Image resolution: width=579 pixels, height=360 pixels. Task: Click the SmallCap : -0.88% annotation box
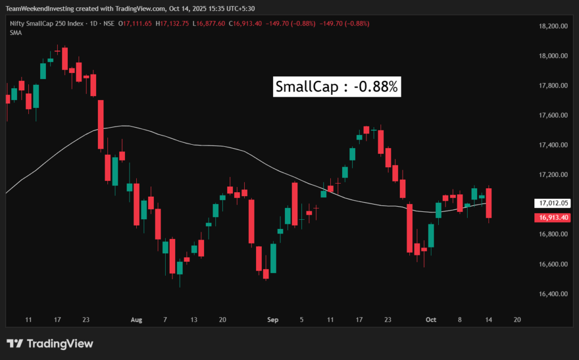(338, 87)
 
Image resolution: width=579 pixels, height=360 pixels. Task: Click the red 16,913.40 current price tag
(551, 218)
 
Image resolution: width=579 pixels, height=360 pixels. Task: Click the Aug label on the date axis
(136, 320)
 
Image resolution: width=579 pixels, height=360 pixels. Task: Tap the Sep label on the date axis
(273, 320)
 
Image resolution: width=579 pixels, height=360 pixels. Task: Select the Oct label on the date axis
(431, 320)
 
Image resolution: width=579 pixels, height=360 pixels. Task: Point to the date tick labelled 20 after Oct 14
(517, 320)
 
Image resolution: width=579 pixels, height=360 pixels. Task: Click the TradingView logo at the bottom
(50, 344)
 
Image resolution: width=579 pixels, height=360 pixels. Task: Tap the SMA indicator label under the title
(16, 33)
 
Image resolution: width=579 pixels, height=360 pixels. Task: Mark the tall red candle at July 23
(101, 124)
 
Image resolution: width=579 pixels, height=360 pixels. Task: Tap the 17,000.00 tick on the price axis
(552, 205)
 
